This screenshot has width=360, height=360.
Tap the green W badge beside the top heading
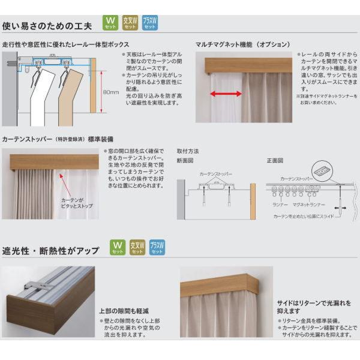point(110,23)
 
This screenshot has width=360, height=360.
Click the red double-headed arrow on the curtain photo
point(226,94)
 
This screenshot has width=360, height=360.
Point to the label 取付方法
point(187,151)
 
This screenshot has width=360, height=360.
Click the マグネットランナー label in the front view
point(308,204)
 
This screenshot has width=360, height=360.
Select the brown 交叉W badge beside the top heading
point(130,23)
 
